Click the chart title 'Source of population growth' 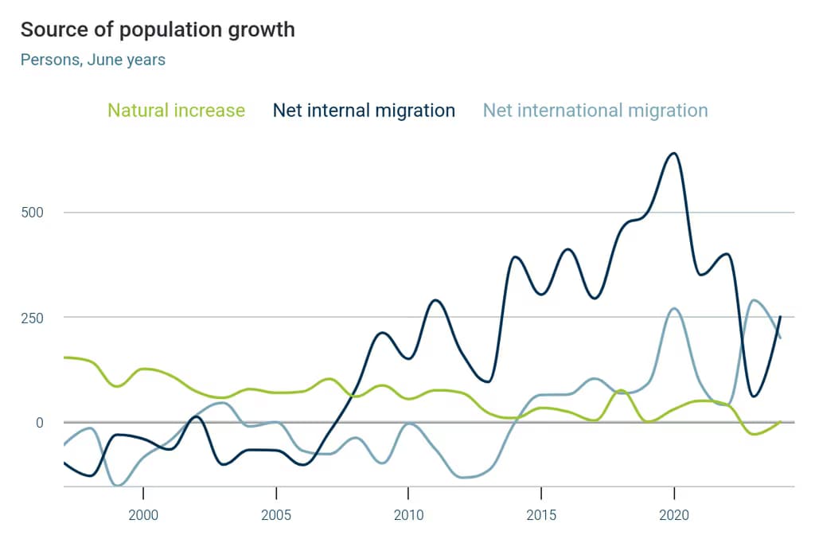tap(158, 29)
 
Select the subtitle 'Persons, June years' tap(93, 60)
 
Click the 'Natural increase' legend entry tap(176, 111)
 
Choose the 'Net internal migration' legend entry tap(364, 111)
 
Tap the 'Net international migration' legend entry tap(595, 111)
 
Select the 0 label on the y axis tap(38, 423)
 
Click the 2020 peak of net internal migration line tap(673, 153)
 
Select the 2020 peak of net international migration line tap(674, 308)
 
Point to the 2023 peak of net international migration tap(755, 300)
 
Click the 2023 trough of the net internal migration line tap(754, 396)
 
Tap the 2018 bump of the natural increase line tap(622, 390)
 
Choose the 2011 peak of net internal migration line tap(435, 300)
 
